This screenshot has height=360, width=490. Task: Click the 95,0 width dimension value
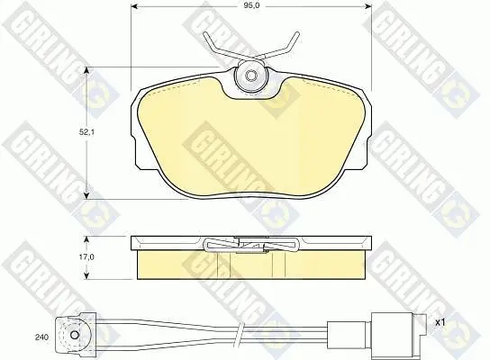(253, 5)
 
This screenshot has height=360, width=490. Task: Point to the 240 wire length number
(41, 337)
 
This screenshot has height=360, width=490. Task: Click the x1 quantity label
(440, 323)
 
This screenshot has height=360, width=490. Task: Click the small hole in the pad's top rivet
(250, 76)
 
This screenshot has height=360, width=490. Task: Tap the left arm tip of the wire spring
(204, 33)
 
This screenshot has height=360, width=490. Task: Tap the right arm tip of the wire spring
(297, 33)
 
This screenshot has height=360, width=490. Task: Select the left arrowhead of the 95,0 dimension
(133, 6)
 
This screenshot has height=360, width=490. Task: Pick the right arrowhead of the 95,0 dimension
(367, 6)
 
